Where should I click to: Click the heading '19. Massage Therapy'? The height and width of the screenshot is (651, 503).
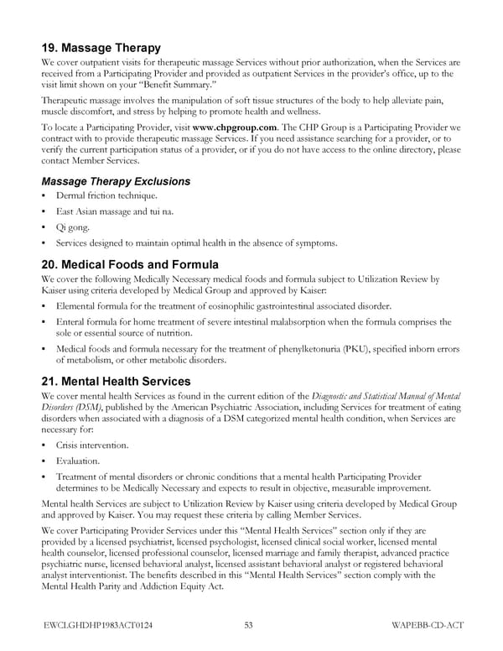click(x=101, y=48)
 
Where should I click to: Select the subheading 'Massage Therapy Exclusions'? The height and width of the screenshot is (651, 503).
click(x=115, y=181)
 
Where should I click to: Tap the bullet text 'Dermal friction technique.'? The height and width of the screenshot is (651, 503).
click(x=106, y=195)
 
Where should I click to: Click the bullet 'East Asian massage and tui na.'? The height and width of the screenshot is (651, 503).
click(x=115, y=211)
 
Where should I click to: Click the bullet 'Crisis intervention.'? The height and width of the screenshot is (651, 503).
click(x=92, y=444)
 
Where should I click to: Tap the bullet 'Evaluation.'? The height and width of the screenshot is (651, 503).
click(x=79, y=461)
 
